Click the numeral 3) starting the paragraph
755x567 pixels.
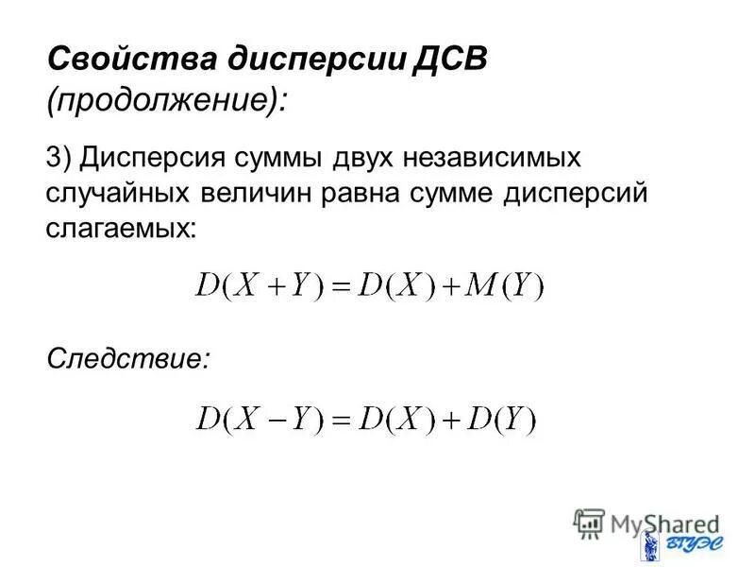point(59,158)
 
